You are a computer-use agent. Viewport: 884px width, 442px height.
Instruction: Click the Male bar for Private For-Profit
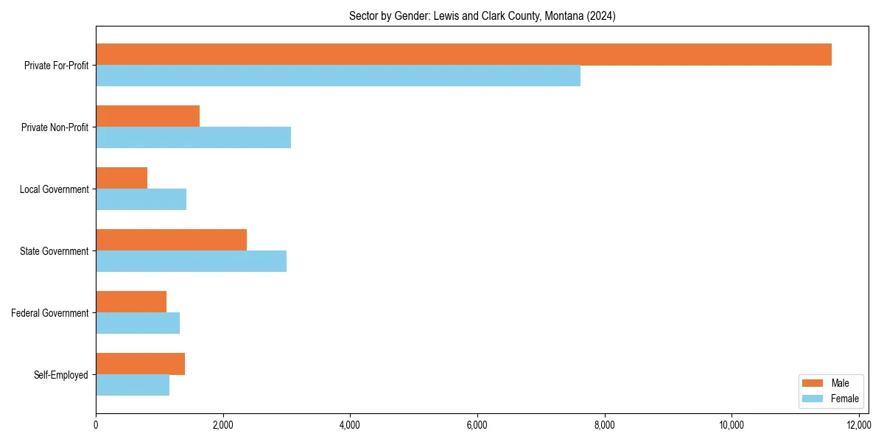[x=463, y=55]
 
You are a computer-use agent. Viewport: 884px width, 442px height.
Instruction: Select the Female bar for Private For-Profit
[x=338, y=75]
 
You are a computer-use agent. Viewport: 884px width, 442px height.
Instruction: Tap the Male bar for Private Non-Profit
[x=147, y=116]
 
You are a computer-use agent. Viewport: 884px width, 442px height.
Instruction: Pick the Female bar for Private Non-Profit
[x=193, y=137]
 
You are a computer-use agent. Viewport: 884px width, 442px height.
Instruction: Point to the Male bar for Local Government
[x=122, y=178]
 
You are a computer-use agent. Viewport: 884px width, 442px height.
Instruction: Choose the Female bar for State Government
[x=191, y=261]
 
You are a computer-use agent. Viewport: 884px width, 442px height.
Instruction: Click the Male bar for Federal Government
[x=131, y=302]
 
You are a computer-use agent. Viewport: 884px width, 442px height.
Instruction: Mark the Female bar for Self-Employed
[x=133, y=385]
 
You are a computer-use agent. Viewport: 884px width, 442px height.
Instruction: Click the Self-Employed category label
[x=61, y=375]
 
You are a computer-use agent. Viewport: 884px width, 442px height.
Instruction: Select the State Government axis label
[x=55, y=251]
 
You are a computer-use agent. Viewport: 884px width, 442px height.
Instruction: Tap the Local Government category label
[x=55, y=189]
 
